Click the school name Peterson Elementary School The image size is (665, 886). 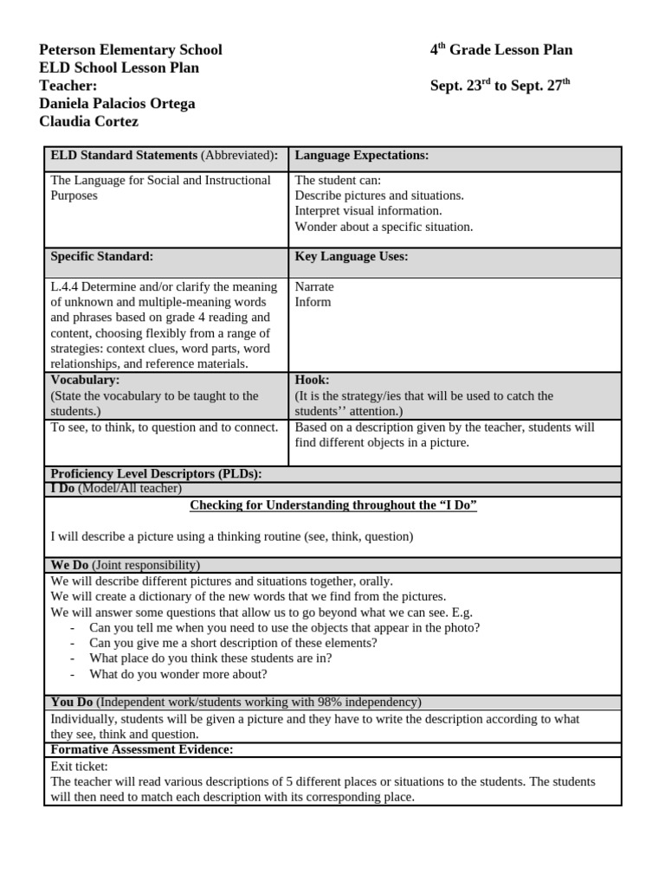point(131,50)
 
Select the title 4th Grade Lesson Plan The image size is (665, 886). point(500,50)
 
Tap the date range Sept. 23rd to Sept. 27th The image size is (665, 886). point(500,86)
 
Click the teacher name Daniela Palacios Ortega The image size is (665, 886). point(117,104)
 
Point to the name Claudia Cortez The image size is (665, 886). point(88,122)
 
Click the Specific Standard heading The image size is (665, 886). point(101,257)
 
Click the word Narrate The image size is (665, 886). point(314,286)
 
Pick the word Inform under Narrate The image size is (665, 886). point(313,302)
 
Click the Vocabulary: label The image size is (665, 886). point(85,380)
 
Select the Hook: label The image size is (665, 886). point(312,380)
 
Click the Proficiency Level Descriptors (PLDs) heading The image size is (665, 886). point(156,473)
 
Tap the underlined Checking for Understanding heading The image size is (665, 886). point(332,505)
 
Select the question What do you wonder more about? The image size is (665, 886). point(178,674)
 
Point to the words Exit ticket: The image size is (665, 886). point(79,766)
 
